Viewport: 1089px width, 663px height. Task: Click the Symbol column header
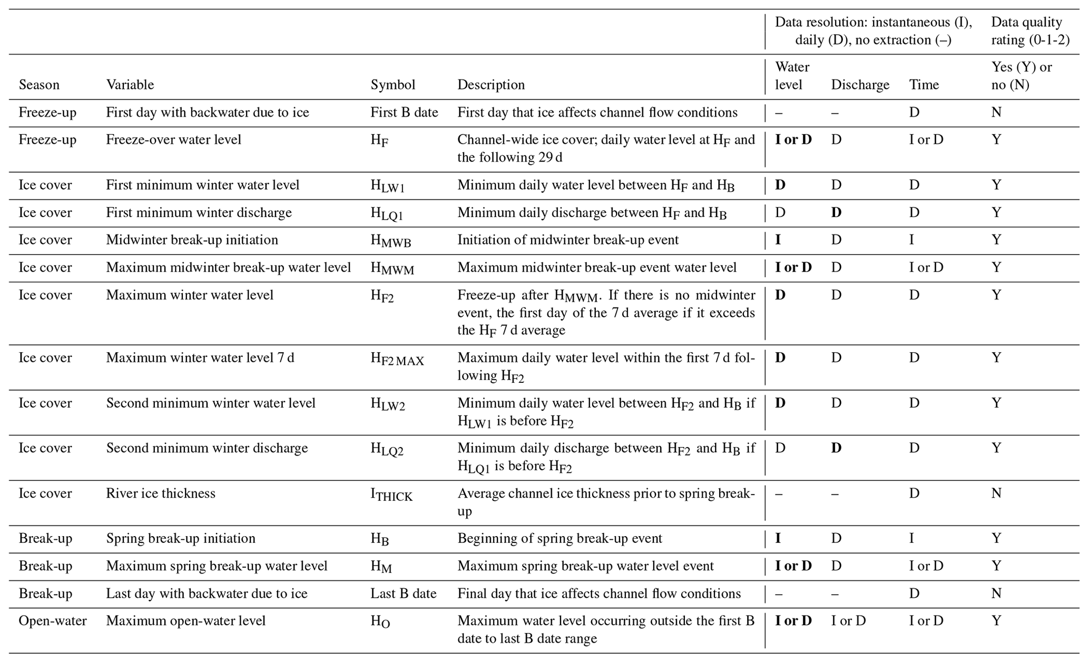coord(393,85)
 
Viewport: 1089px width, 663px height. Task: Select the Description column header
coord(491,85)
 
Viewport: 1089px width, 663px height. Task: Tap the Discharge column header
coord(860,85)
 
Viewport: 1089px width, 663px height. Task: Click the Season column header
coord(39,85)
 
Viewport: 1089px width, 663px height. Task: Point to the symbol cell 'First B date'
coord(404,112)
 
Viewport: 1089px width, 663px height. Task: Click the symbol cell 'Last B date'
coord(403,593)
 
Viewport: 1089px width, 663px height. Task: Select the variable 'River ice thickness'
coord(161,493)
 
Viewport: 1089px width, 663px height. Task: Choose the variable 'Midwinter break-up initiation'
coord(192,240)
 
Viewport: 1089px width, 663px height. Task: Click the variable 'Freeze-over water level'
coord(173,140)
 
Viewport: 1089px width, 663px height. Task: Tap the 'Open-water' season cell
coord(53,621)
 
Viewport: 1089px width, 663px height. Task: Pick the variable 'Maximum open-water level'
coord(185,621)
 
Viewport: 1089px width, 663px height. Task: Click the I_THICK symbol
coord(391,495)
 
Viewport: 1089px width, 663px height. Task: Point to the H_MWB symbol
coord(390,241)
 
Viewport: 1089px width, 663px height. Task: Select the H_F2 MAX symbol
coord(397,359)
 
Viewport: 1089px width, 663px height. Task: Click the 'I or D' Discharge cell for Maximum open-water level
coord(848,621)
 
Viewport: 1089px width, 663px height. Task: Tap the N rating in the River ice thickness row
coord(996,493)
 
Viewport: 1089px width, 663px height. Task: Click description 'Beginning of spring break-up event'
coord(560,538)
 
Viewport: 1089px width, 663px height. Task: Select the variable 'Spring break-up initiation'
coord(180,538)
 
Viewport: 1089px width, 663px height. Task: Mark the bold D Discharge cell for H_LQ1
coord(836,212)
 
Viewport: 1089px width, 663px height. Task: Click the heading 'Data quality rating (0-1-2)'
coord(1030,31)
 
